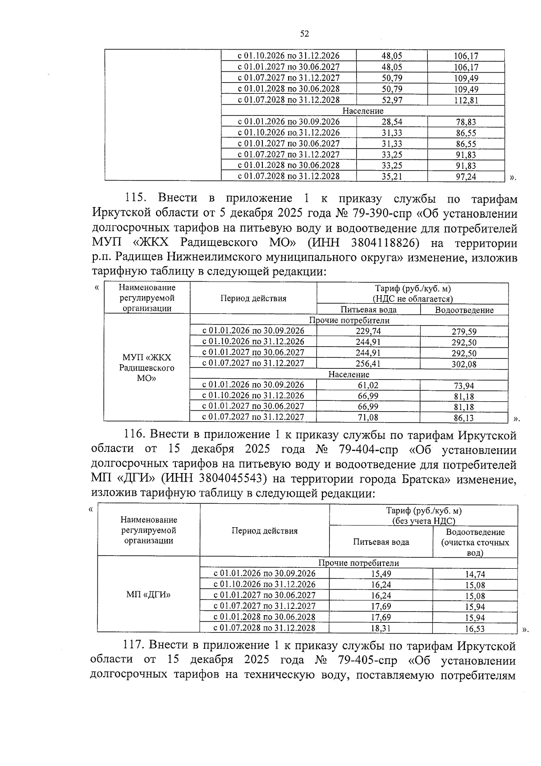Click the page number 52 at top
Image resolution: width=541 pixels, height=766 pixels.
(304, 34)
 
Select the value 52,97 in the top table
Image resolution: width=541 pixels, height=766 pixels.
(391, 100)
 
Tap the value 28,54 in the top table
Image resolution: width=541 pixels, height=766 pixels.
(391, 122)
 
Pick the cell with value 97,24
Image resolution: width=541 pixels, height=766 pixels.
(466, 177)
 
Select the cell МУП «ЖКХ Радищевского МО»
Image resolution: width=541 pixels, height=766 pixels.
(147, 368)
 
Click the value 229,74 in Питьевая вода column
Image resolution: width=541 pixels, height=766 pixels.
(368, 331)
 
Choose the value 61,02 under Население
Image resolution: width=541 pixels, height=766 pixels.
(368, 385)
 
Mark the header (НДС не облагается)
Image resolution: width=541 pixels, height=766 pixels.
(412, 299)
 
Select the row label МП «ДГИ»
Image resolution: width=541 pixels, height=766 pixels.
(148, 595)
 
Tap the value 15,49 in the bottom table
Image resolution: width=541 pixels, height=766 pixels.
(381, 574)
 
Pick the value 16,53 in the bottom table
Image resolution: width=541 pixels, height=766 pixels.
(475, 628)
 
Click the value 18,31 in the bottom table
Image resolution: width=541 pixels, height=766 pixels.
(381, 628)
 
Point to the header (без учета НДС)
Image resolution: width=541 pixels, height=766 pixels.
(423, 521)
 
